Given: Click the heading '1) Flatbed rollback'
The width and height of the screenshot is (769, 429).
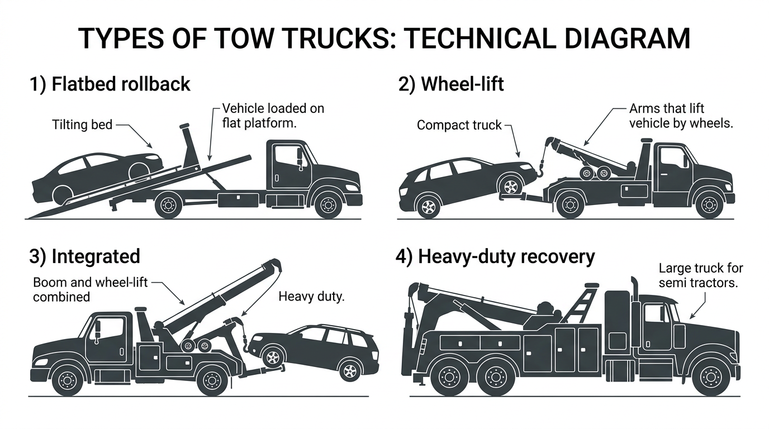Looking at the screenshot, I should pyautogui.click(x=110, y=84).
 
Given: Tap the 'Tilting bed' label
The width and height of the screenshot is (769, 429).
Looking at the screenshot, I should pyautogui.click(x=82, y=124).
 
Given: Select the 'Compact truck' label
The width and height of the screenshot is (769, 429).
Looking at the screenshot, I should pyautogui.click(x=459, y=125).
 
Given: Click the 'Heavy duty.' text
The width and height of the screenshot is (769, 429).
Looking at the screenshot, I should pyautogui.click(x=311, y=296).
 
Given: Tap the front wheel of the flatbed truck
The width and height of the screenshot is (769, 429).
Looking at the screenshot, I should pyautogui.click(x=328, y=204).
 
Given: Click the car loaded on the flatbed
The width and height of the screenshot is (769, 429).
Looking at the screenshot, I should pyautogui.click(x=95, y=173).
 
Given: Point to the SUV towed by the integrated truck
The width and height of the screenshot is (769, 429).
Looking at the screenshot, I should pyautogui.click(x=316, y=349).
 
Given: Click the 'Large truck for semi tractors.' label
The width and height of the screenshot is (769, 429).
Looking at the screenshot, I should pyautogui.click(x=699, y=275).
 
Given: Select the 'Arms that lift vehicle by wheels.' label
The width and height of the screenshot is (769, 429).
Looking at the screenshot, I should pyautogui.click(x=680, y=116).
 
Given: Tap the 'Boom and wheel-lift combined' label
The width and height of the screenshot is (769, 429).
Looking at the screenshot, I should pyautogui.click(x=89, y=289).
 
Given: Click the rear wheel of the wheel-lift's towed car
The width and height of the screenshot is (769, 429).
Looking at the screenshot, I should pyautogui.click(x=428, y=207).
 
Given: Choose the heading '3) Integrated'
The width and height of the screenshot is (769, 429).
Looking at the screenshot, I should pyautogui.click(x=84, y=256).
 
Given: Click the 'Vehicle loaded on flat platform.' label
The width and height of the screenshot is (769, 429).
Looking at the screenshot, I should pyautogui.click(x=273, y=115).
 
